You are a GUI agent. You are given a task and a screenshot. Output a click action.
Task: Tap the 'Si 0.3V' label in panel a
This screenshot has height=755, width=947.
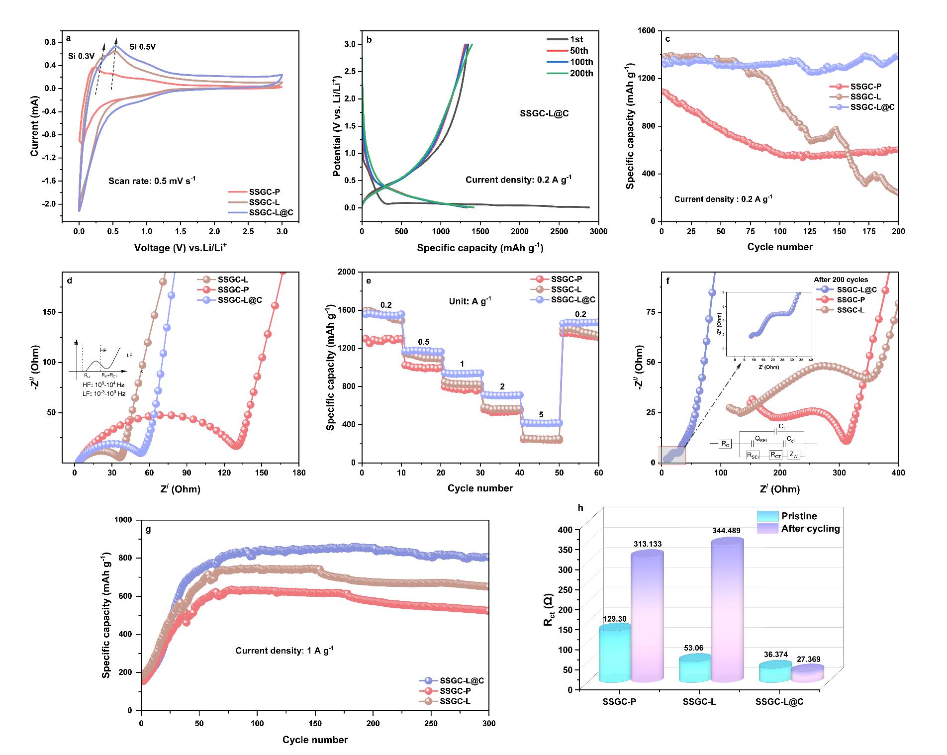pyautogui.click(x=82, y=56)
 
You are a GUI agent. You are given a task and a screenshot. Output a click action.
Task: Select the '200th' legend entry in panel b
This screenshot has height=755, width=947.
pyautogui.click(x=582, y=74)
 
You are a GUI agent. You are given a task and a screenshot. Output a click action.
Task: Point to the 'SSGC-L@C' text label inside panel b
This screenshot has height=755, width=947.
pyautogui.click(x=544, y=113)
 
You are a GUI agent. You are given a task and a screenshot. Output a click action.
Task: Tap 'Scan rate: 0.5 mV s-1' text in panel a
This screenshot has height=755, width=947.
pyautogui.click(x=152, y=181)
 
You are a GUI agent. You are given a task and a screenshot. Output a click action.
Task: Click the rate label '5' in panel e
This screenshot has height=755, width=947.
pyautogui.click(x=541, y=415)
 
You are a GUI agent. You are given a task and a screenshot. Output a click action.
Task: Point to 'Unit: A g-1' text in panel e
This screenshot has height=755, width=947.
pyautogui.click(x=467, y=301)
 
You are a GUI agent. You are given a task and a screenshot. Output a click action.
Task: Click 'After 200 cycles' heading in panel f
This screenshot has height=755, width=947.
pyautogui.click(x=841, y=280)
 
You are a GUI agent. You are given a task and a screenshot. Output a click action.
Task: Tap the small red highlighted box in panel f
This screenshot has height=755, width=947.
pyautogui.click(x=672, y=455)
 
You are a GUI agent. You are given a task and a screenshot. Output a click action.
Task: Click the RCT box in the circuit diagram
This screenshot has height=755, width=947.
pyautogui.click(x=775, y=454)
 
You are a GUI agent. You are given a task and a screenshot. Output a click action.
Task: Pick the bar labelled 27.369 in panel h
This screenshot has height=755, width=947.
pyautogui.click(x=807, y=672)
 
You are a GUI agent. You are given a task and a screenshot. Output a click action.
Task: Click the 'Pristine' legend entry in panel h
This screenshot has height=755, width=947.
pyautogui.click(x=799, y=516)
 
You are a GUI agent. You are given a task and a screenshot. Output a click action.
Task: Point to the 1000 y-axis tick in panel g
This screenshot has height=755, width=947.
pyautogui.click(x=125, y=520)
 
